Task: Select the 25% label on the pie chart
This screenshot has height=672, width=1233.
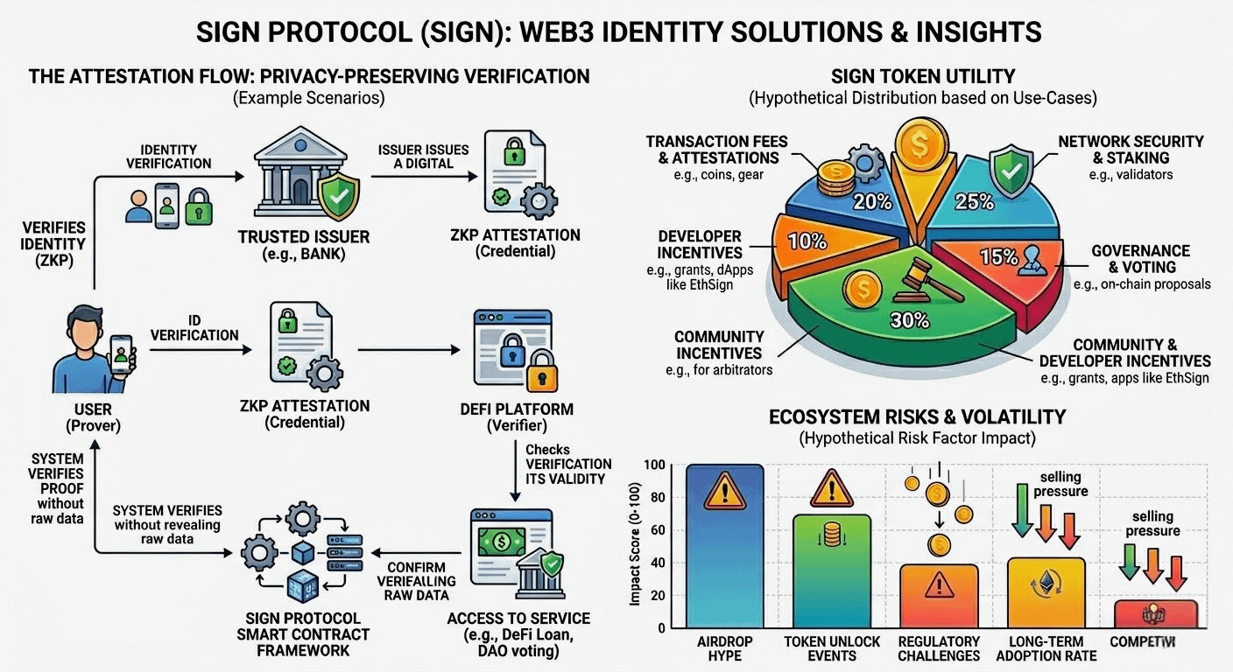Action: tap(975, 201)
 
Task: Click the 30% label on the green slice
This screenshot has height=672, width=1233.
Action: tap(909, 320)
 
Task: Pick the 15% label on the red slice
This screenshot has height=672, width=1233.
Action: tap(998, 257)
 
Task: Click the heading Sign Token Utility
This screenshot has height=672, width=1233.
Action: tap(923, 77)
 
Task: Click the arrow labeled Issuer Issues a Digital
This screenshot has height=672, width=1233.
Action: tap(426, 176)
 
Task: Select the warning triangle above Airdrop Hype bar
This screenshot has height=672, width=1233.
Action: tap(724, 490)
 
